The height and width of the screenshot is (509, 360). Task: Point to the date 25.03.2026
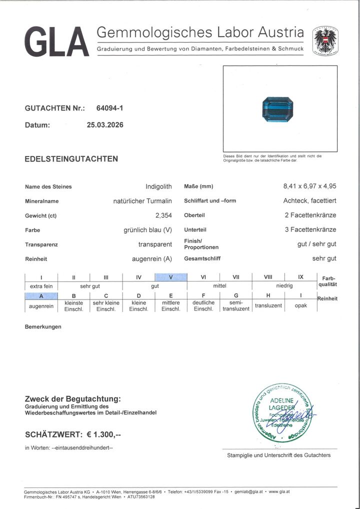(105, 125)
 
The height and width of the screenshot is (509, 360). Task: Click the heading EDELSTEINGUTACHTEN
(71, 159)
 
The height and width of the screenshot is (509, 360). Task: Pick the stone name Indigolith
(158, 186)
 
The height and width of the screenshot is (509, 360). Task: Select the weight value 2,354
(163, 215)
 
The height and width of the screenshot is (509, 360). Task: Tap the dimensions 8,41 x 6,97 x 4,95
(309, 186)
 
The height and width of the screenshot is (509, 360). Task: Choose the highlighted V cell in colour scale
(171, 277)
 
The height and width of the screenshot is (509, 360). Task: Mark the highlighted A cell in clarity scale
(41, 295)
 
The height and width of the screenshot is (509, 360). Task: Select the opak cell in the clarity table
(301, 305)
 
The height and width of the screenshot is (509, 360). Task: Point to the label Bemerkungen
(43, 326)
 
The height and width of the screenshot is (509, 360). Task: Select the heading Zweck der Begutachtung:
(72, 398)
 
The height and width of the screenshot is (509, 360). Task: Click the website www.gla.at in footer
(281, 492)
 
